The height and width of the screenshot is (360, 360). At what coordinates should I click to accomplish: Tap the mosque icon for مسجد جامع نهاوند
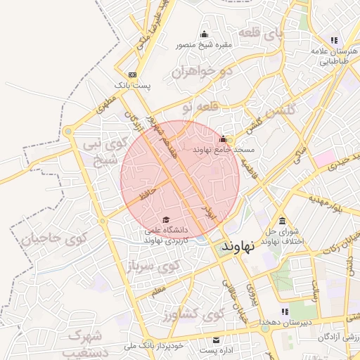224,139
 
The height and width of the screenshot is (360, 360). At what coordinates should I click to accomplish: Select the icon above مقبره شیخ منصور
205,34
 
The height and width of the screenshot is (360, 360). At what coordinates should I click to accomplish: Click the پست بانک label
131,86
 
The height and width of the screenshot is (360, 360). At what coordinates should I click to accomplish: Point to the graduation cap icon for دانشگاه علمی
165,220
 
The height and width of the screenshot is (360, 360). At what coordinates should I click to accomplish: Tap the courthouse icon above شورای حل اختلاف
282,221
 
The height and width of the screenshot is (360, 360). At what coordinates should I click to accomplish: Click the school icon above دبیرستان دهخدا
285,311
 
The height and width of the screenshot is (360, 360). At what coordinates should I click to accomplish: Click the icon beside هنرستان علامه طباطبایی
334,40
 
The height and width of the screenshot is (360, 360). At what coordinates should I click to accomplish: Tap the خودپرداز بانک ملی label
155,346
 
